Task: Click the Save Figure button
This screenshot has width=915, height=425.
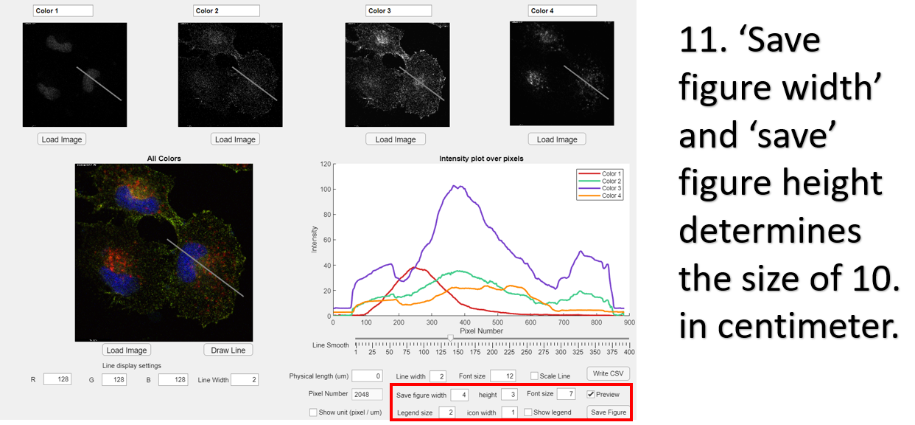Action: click(608, 412)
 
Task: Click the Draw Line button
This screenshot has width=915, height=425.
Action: click(228, 350)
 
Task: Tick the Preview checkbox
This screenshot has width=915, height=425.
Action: click(591, 394)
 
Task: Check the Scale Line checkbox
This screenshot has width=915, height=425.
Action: click(534, 376)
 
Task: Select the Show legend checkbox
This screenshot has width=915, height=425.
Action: click(528, 412)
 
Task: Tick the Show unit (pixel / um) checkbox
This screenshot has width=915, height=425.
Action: click(313, 412)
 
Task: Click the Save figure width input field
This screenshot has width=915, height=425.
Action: click(460, 394)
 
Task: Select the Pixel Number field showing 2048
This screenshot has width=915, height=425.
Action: click(367, 394)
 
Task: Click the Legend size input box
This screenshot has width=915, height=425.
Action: click(447, 412)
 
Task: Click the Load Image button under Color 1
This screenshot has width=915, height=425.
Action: click(61, 139)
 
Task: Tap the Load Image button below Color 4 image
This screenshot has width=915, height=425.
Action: click(557, 139)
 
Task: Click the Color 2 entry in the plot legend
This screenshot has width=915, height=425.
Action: click(611, 181)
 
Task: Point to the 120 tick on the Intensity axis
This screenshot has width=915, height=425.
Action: click(326, 165)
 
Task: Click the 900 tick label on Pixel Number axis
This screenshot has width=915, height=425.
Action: click(629, 322)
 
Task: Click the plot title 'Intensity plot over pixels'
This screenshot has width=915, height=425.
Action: click(481, 159)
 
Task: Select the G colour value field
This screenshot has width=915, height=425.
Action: click(115, 379)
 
